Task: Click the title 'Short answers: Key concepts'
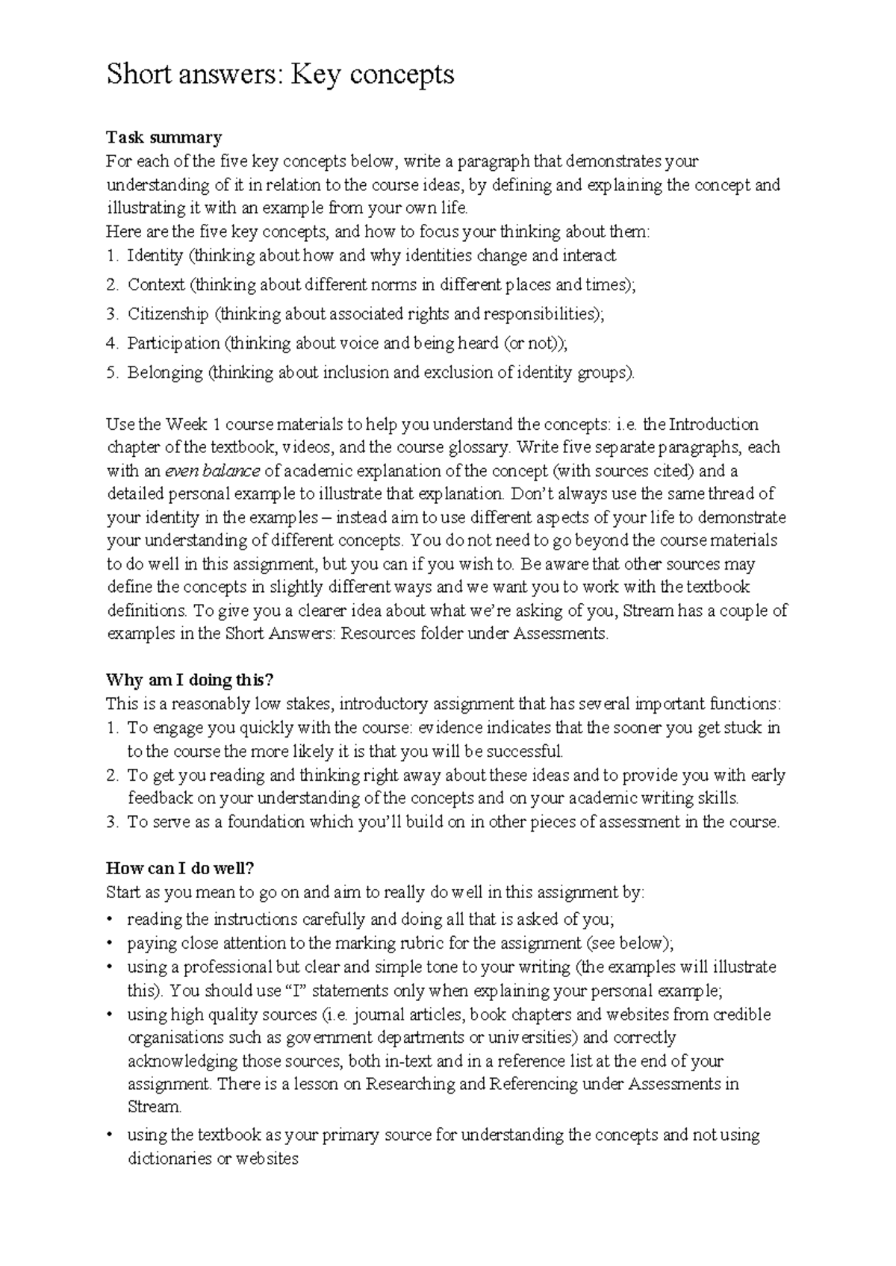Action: (280, 75)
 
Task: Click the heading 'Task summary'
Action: (164, 137)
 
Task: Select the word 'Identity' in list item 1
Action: (155, 256)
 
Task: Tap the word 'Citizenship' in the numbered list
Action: (167, 314)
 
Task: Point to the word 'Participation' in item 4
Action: (173, 343)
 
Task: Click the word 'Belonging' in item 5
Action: (165, 372)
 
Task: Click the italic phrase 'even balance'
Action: (212, 471)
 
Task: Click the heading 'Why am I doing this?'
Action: (190, 680)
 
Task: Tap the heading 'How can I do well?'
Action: (181, 868)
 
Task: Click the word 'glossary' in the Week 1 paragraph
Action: (479, 448)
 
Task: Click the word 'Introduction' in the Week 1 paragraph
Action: (713, 425)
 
